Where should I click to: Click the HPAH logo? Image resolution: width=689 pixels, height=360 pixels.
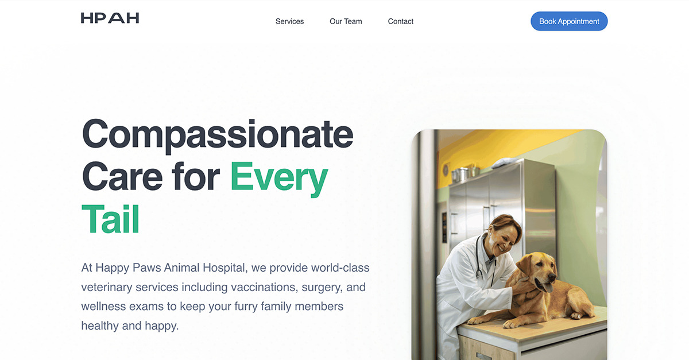110,18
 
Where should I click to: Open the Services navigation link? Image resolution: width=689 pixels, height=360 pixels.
289,21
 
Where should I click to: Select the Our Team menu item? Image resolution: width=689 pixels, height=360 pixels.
346,21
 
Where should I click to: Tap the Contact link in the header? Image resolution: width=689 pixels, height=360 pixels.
401,21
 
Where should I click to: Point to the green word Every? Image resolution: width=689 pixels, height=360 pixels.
279,178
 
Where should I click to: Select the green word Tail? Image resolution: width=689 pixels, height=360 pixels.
110,219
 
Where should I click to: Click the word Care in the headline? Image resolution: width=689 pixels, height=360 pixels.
122,177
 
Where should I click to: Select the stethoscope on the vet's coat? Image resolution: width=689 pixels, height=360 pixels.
481,258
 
